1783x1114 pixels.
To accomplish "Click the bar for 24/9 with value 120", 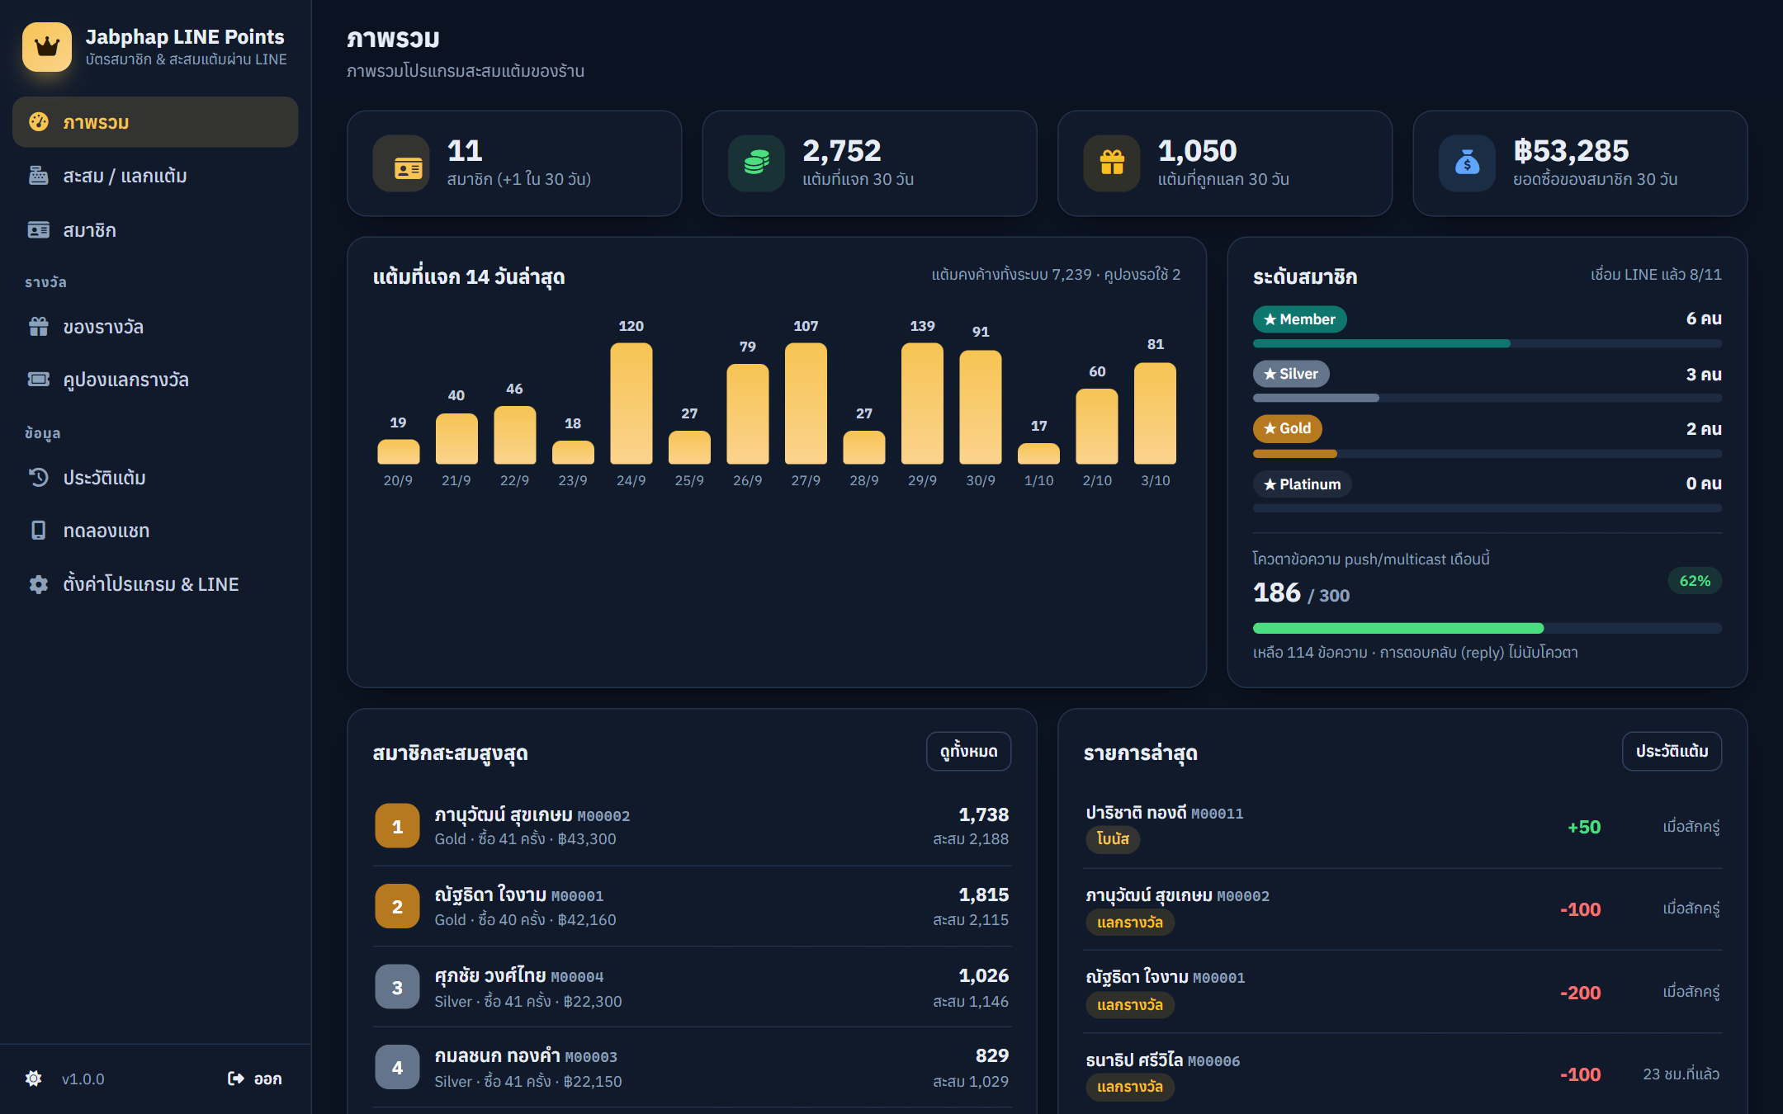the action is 631,404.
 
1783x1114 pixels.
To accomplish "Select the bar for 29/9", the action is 922,404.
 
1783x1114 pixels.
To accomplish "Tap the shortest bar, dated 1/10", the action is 1038,454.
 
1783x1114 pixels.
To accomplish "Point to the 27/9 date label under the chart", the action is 806,480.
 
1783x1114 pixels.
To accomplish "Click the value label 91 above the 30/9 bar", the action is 981,332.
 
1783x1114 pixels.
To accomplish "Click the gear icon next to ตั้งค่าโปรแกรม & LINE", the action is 39,584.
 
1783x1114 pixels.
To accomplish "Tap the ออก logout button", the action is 255,1079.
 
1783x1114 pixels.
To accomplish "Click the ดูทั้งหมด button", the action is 968,751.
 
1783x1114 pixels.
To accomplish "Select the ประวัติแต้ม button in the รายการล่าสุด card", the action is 1672,751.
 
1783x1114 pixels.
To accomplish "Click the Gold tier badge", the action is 1288,428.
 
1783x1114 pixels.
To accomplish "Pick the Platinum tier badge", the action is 1303,484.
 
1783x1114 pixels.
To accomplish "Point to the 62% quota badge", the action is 1695,581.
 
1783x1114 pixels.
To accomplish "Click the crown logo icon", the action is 47,47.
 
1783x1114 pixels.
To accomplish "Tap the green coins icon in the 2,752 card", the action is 756,163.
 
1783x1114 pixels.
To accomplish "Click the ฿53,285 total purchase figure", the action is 1571,151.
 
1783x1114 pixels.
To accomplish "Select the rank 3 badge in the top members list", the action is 397,987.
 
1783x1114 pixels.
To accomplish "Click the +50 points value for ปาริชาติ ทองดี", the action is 1584,827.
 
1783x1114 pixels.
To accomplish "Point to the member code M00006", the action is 1213,1061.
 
